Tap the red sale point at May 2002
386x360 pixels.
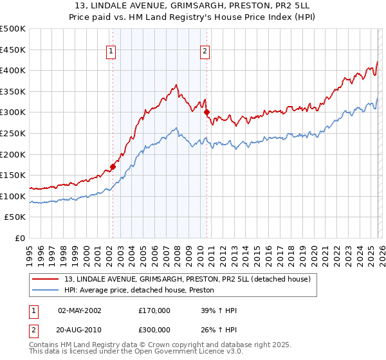(x=113, y=166)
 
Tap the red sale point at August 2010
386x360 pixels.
(x=207, y=112)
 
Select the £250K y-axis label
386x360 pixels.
(x=13, y=133)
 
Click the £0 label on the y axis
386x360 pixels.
(x=19, y=238)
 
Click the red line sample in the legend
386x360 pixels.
(x=46, y=279)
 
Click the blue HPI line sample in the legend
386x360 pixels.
(x=46, y=291)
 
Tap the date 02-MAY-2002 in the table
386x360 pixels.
(x=79, y=310)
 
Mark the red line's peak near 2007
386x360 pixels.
(x=176, y=84)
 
